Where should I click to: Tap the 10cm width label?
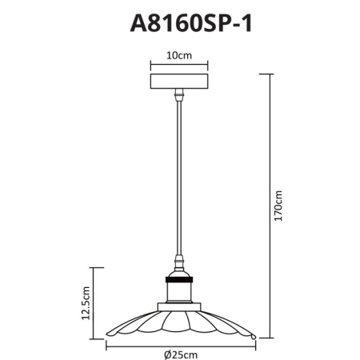click(x=179, y=55)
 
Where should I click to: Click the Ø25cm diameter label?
click(x=179, y=354)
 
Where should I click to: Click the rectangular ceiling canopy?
click(x=179, y=83)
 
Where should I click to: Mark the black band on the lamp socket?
click(x=179, y=278)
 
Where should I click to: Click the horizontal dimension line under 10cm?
click(x=179, y=66)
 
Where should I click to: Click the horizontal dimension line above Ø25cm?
click(x=179, y=344)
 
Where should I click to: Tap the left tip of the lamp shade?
click(x=109, y=335)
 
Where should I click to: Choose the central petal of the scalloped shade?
click(x=179, y=328)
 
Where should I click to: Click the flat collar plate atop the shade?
click(x=179, y=307)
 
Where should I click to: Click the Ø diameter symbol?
click(x=165, y=354)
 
